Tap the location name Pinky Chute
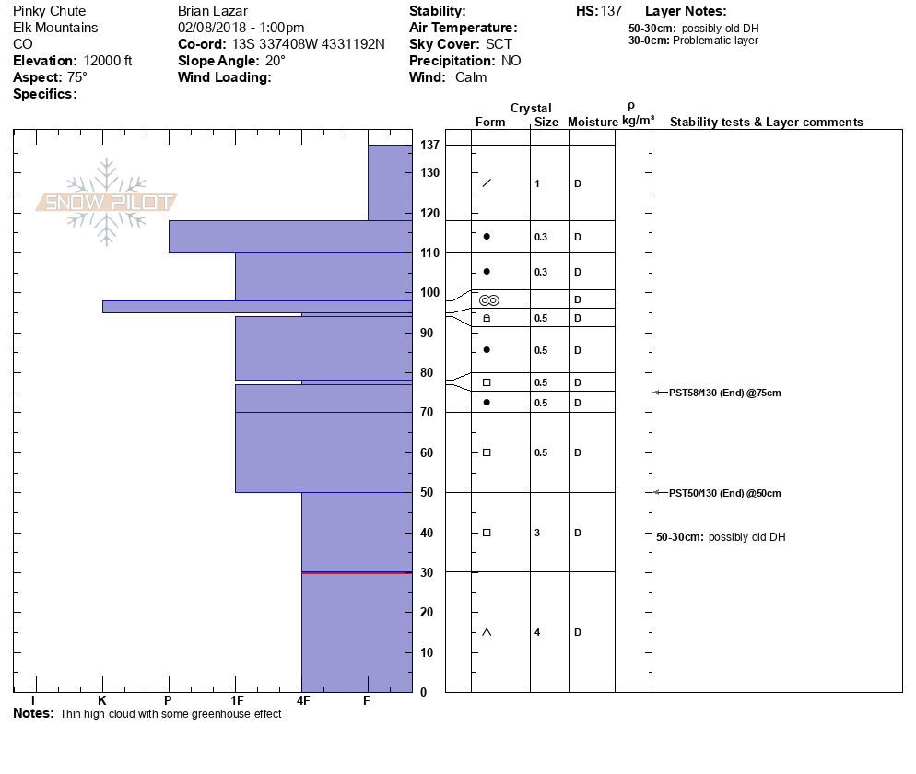pyautogui.click(x=50, y=11)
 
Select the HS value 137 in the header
pyautogui.click(x=611, y=11)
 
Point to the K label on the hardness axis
pyautogui.click(x=102, y=702)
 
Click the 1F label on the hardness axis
pyautogui.click(x=236, y=702)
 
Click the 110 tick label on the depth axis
pyautogui.click(x=429, y=252)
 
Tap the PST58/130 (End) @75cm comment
pyautogui.click(x=724, y=393)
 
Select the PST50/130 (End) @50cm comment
pyautogui.click(x=724, y=493)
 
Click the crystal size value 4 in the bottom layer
pyautogui.click(x=537, y=632)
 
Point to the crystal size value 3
pyautogui.click(x=537, y=533)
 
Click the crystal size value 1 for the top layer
pyautogui.click(x=537, y=183)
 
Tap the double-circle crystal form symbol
pyautogui.click(x=488, y=300)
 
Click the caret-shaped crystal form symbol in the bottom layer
pyautogui.click(x=487, y=632)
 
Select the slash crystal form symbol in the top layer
pyautogui.click(x=487, y=182)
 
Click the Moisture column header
pyautogui.click(x=593, y=123)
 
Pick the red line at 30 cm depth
pyautogui.click(x=357, y=572)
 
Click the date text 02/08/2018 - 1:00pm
pyautogui.click(x=241, y=28)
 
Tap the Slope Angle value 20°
pyautogui.click(x=276, y=61)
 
